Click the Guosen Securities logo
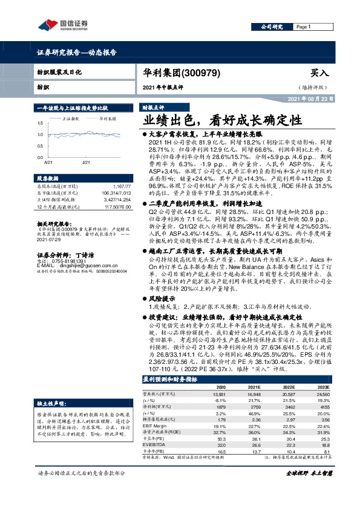63,25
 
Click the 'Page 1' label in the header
303,27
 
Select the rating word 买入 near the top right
319,73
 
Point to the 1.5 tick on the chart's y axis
40,123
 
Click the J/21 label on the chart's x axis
85,163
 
